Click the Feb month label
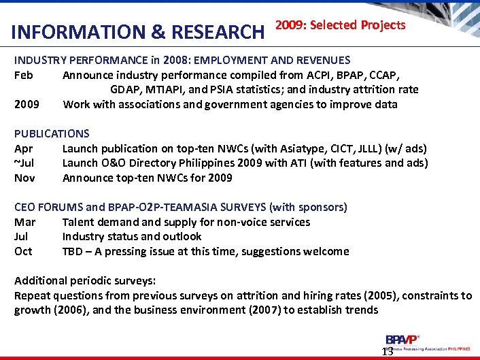tap(24, 75)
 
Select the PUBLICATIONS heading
tap(52, 133)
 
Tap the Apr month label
tap(24, 148)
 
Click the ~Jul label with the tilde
tap(24, 163)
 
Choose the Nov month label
tap(24, 178)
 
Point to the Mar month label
tap(24, 222)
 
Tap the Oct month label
tap(24, 251)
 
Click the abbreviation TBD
tap(73, 251)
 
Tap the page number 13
tap(388, 351)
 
